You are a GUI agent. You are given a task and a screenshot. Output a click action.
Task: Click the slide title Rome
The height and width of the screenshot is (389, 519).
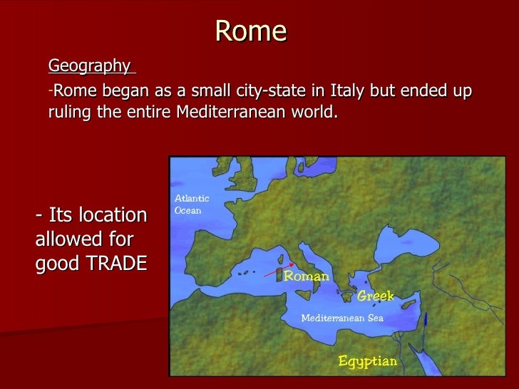pos(250,31)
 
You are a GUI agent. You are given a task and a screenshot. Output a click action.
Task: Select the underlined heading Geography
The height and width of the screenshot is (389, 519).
pos(89,66)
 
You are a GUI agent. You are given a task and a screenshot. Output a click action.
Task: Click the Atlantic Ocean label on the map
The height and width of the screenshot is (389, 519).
pos(192,204)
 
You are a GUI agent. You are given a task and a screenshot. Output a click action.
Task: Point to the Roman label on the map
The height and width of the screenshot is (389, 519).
pos(307,276)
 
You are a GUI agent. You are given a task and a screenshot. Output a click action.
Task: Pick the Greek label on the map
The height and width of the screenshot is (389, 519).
pos(375,296)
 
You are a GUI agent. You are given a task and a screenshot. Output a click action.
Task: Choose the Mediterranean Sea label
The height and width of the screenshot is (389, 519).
pos(342,318)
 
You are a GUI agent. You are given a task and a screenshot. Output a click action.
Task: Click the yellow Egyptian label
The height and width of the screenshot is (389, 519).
pos(367,361)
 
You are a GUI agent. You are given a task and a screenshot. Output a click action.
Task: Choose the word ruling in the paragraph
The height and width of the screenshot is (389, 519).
pos(70,113)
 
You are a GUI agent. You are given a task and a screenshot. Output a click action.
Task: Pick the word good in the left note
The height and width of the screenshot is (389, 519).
pos(58,263)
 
